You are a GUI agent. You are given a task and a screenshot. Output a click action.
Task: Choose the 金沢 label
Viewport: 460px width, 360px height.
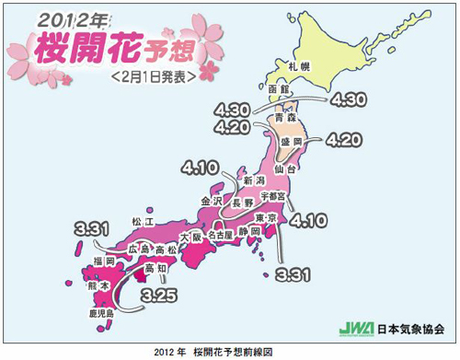(x=212, y=200)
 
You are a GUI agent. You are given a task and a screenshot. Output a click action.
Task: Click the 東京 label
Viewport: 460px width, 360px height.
(x=265, y=215)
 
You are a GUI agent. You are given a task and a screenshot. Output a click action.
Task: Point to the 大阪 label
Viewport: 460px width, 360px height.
(x=190, y=238)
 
